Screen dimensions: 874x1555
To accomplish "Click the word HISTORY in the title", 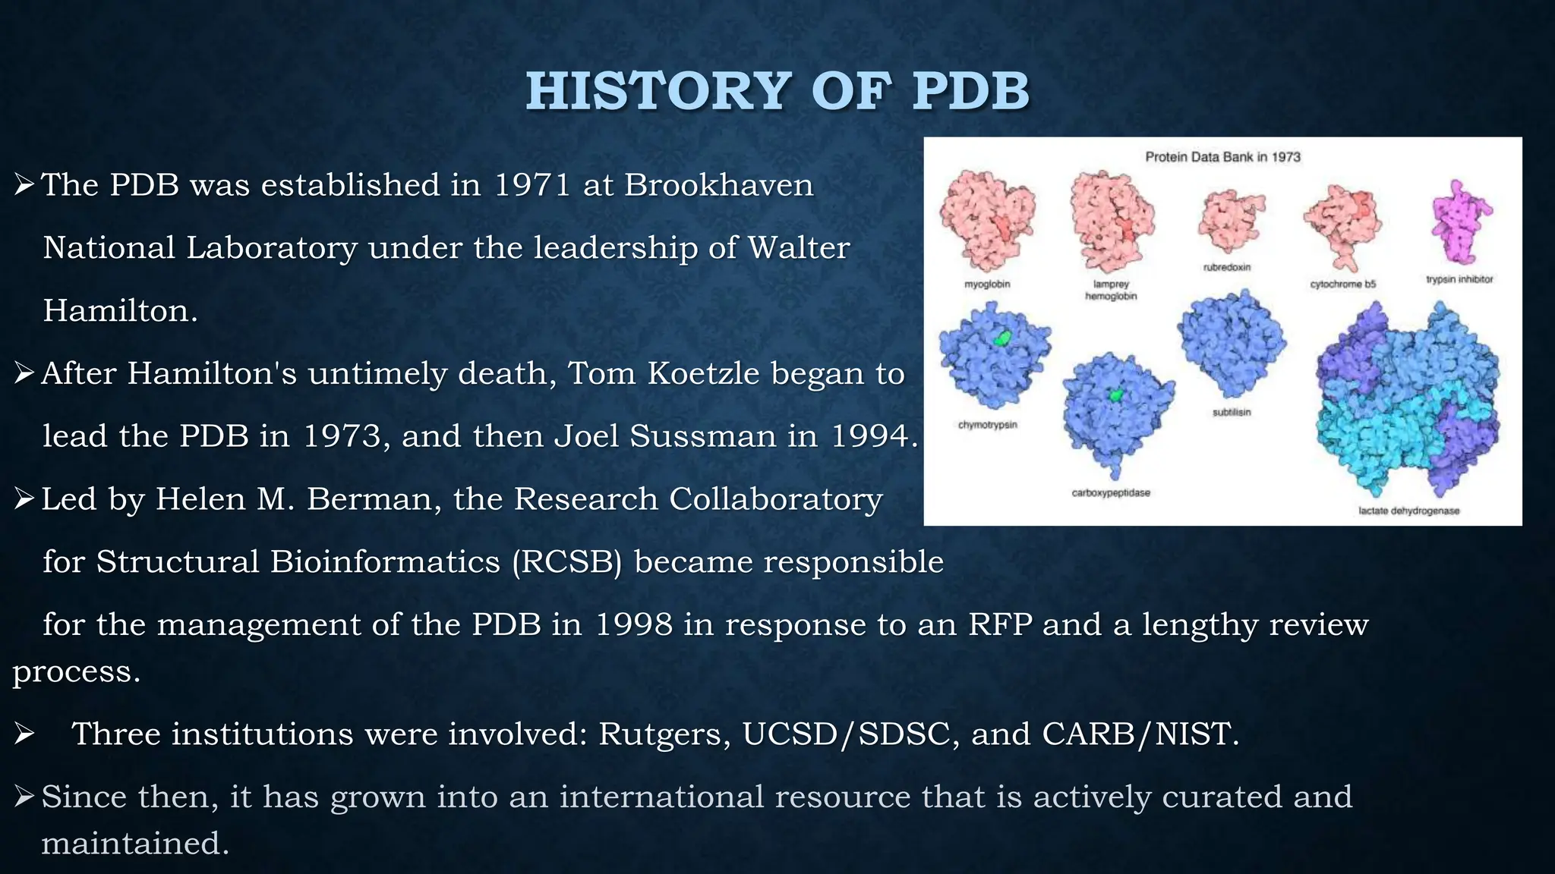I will tap(659, 92).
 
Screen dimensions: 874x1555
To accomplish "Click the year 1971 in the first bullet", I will tap(531, 185).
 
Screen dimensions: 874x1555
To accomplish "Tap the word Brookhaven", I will tap(718, 185).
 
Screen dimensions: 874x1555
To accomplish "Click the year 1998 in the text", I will tap(633, 625).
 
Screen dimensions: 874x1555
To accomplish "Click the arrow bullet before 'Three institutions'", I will tap(24, 734).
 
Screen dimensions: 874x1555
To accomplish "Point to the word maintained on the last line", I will tap(134, 844).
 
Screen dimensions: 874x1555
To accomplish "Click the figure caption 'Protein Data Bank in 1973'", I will tap(1222, 157).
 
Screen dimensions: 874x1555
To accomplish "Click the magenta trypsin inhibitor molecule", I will tap(1459, 221).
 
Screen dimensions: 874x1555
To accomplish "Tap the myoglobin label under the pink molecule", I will tap(987, 285).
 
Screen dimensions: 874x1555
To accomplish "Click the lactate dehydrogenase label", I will tap(1408, 511).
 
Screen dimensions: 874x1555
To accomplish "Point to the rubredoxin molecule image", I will tap(1230, 219).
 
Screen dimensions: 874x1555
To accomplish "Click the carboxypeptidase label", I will tap(1111, 493).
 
